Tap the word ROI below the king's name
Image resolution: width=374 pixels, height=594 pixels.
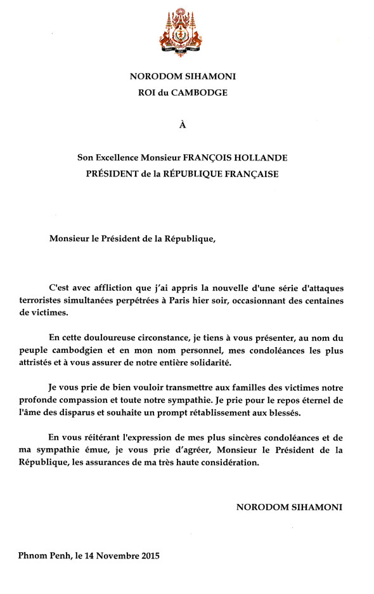tap(147, 92)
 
